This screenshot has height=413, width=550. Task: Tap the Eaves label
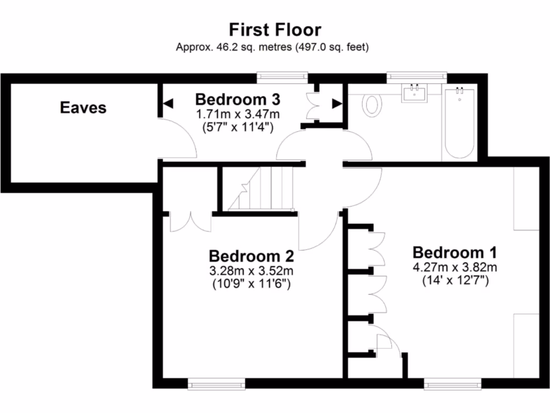click(83, 107)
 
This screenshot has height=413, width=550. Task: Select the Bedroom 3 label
click(237, 99)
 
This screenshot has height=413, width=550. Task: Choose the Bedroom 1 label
click(454, 252)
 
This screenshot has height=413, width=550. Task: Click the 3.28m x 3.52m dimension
click(251, 270)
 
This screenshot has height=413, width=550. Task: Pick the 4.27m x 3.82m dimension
click(454, 267)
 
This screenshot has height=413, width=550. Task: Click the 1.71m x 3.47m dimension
click(237, 114)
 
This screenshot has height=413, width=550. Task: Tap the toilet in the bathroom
click(371, 104)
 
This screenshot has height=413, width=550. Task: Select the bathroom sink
click(415, 92)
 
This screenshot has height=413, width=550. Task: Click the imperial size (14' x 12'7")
click(454, 280)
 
